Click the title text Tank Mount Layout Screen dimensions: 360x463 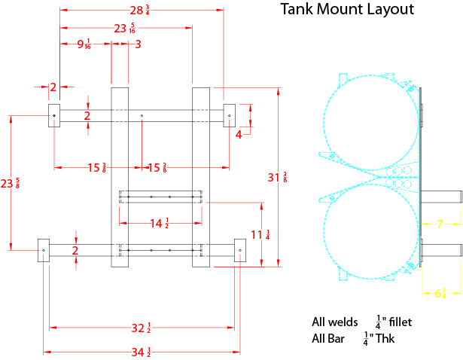pos(347,10)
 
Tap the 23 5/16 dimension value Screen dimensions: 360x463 pos(124,29)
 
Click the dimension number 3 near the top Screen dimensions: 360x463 pos(138,44)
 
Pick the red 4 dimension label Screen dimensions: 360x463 pos(239,134)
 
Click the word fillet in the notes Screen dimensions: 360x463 pos(398,322)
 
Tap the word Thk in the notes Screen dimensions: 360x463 pos(385,339)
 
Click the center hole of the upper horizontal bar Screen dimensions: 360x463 pos(142,115)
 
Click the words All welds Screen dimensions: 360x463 pos(334,322)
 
